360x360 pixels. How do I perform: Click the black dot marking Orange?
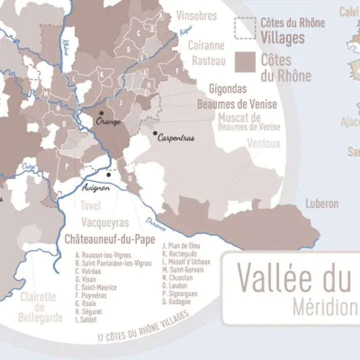tap(101, 114)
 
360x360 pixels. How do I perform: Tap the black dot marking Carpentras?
tap(155, 133)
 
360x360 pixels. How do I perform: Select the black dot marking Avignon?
tap(109, 175)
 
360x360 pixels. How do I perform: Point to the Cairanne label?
tap(206, 46)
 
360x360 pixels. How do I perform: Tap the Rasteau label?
tap(209, 61)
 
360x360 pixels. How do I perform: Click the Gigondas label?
tap(228, 89)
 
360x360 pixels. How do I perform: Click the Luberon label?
tap(322, 204)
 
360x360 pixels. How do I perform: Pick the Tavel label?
tap(90, 206)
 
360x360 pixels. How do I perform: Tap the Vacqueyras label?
tap(105, 222)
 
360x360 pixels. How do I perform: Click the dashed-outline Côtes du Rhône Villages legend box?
tap(245, 28)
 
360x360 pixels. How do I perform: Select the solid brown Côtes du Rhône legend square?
tap(245, 62)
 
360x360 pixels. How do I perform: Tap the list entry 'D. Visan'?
tap(85, 279)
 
